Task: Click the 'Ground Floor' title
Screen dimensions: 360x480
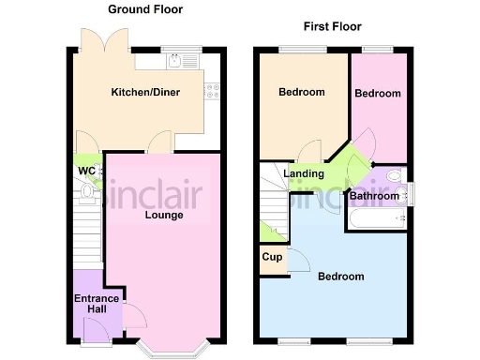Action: point(145,10)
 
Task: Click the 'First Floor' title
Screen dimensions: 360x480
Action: point(332,26)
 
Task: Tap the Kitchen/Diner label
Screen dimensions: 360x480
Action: point(145,92)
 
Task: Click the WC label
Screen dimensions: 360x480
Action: point(86,171)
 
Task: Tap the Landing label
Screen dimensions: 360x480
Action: point(305,173)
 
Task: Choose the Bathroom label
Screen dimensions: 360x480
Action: point(374,196)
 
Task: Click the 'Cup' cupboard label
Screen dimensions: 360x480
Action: point(273,257)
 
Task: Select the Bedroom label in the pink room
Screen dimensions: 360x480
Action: point(378,94)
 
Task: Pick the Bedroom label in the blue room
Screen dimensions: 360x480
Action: point(340,277)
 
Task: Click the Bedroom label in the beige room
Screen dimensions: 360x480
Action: point(302,92)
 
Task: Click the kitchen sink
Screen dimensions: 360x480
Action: point(179,63)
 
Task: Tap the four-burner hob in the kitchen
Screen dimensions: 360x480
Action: point(212,92)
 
